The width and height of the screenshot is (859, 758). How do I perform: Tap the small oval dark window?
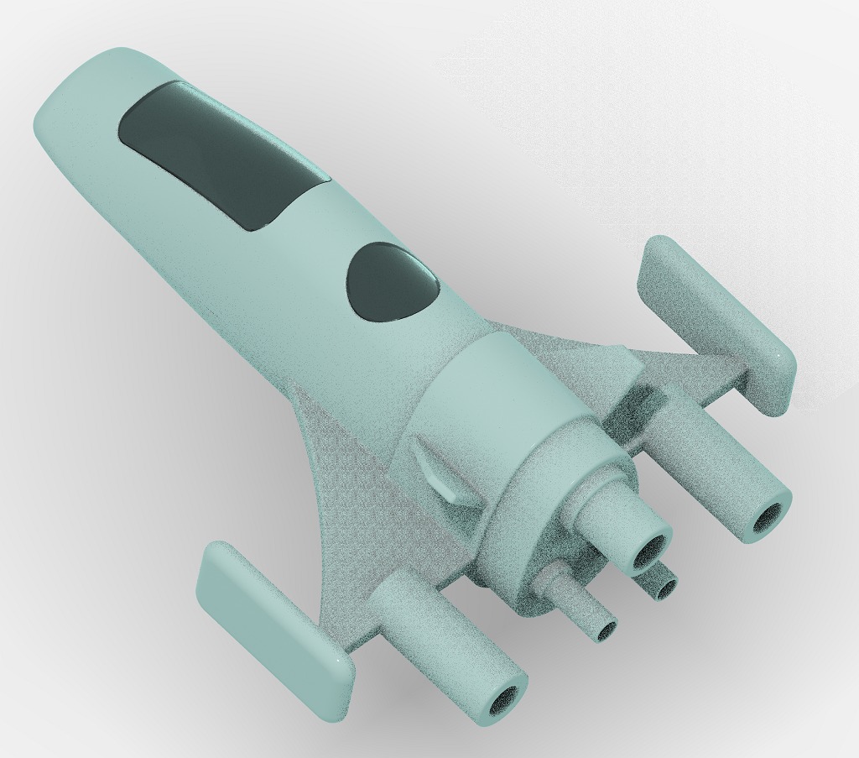(392, 282)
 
